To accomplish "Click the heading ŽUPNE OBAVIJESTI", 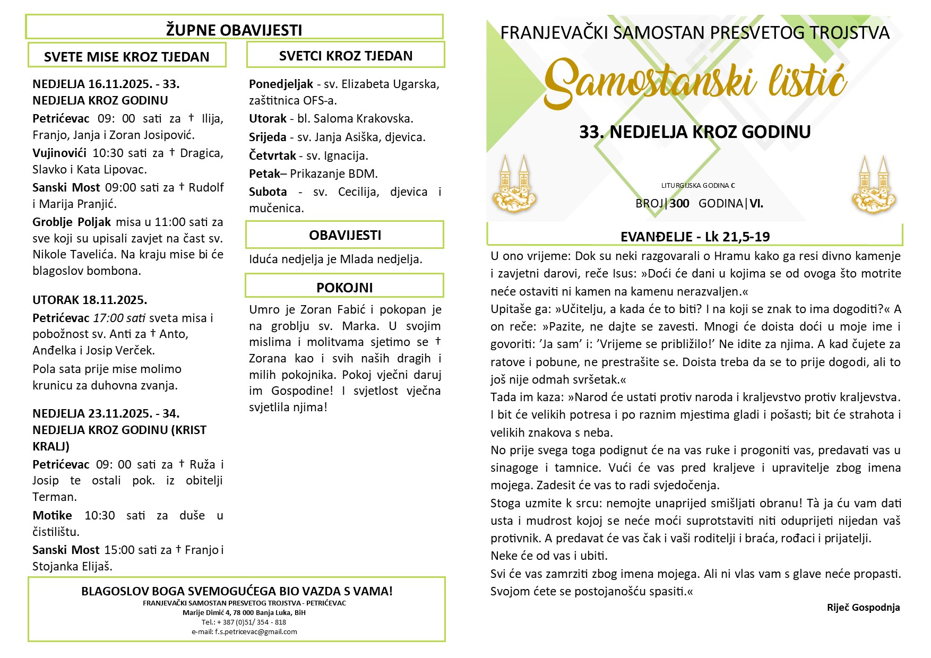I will click(234, 30).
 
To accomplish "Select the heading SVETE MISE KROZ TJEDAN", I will click(126, 57).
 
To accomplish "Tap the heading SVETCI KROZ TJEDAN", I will click(346, 56).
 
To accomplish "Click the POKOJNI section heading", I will click(344, 288).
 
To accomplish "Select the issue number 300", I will click(679, 203).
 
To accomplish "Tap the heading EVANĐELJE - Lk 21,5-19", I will click(695, 237).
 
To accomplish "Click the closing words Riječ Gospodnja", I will click(863, 608).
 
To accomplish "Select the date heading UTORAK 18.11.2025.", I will click(90, 300).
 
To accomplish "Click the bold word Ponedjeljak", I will click(281, 84).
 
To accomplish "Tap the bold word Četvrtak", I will click(272, 155).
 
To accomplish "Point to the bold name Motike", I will click(52, 515).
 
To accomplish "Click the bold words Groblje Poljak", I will click(72, 222).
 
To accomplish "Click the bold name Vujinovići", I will click(59, 153).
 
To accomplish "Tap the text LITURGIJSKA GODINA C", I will click(698, 186).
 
